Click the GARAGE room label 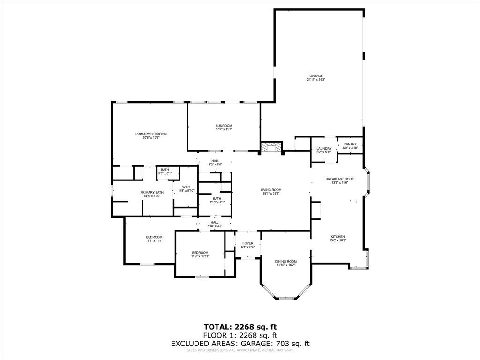(315, 76)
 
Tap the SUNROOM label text (224, 126)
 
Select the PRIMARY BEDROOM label (151, 134)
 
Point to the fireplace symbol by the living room (271, 148)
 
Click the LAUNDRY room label (323, 149)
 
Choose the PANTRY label (350, 144)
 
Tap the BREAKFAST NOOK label (339, 179)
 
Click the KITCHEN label (338, 237)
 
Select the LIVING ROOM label (271, 190)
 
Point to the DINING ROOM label (285, 261)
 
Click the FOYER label (247, 243)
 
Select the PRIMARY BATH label (152, 192)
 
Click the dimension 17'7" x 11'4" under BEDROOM (154, 241)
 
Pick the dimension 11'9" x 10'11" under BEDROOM (200, 256)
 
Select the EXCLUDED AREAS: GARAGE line (240, 344)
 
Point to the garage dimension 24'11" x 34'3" (315, 80)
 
